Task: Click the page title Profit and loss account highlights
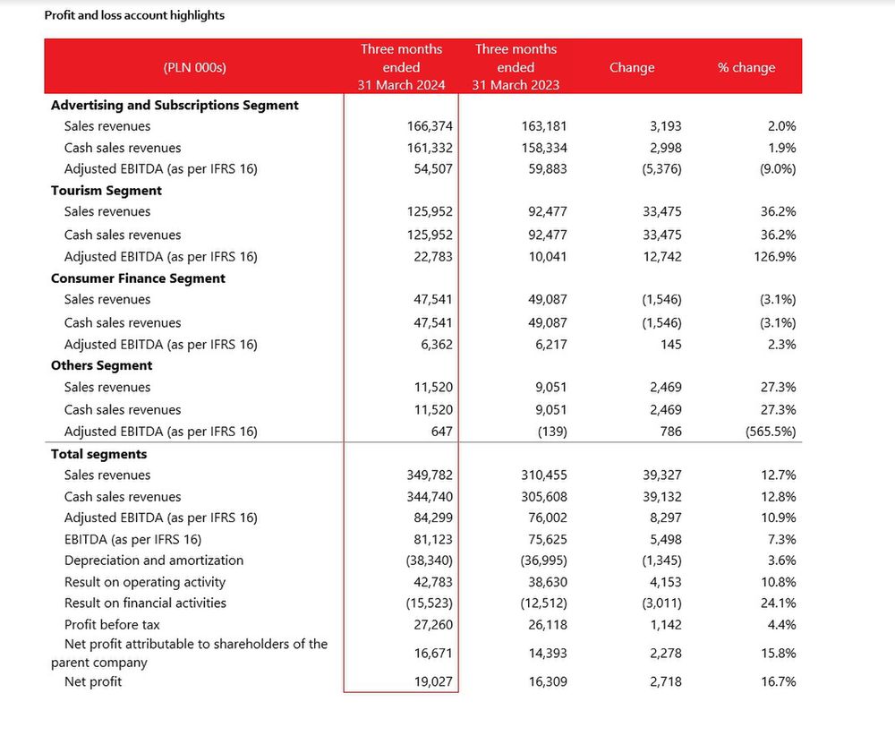tap(134, 15)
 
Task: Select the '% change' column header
tap(746, 67)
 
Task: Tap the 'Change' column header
tap(631, 67)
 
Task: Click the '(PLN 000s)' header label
tap(194, 67)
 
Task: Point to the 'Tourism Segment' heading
tap(107, 191)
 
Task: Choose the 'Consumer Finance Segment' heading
tap(138, 278)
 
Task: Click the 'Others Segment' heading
tap(102, 365)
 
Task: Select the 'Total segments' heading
tap(98, 454)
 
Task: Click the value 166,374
tap(430, 126)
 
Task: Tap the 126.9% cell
tap(774, 257)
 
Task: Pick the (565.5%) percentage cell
tap(771, 432)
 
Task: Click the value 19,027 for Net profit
tap(433, 681)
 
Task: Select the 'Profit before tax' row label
tap(112, 625)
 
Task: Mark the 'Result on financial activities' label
tap(145, 603)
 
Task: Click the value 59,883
tap(548, 169)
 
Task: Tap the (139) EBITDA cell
tap(552, 432)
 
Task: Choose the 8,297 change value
tap(662, 518)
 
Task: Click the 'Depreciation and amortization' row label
tap(154, 560)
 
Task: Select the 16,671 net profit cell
tap(433, 653)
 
